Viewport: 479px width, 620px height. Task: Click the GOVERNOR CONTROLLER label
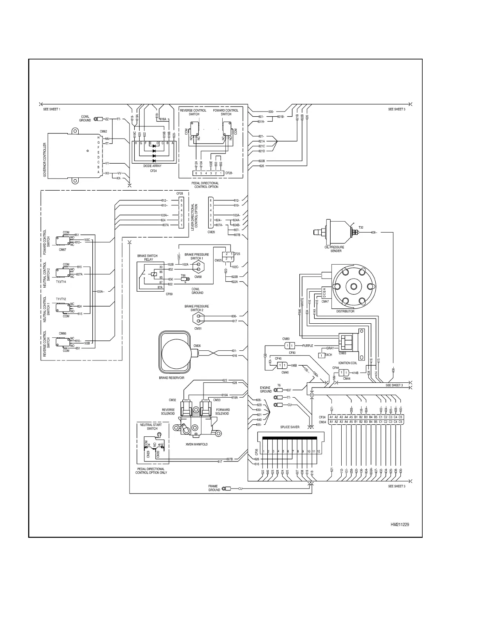point(45,160)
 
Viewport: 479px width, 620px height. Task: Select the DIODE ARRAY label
point(152,166)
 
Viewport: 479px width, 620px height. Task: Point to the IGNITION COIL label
point(347,363)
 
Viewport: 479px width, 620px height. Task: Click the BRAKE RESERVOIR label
point(171,378)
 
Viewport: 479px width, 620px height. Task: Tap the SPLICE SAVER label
point(290,427)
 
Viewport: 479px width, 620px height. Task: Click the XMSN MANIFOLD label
point(196,444)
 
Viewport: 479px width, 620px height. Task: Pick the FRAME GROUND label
point(214,488)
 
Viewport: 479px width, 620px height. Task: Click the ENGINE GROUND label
point(266,389)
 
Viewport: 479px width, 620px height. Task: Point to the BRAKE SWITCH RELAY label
point(147,258)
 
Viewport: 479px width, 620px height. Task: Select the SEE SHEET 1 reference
point(52,109)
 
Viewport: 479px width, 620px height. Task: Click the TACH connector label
point(328,355)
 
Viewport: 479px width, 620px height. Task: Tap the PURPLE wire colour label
point(308,346)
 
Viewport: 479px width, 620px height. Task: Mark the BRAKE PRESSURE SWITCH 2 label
point(196,308)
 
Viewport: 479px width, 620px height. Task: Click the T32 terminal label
point(361,227)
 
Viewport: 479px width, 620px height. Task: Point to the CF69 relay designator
point(169,294)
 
